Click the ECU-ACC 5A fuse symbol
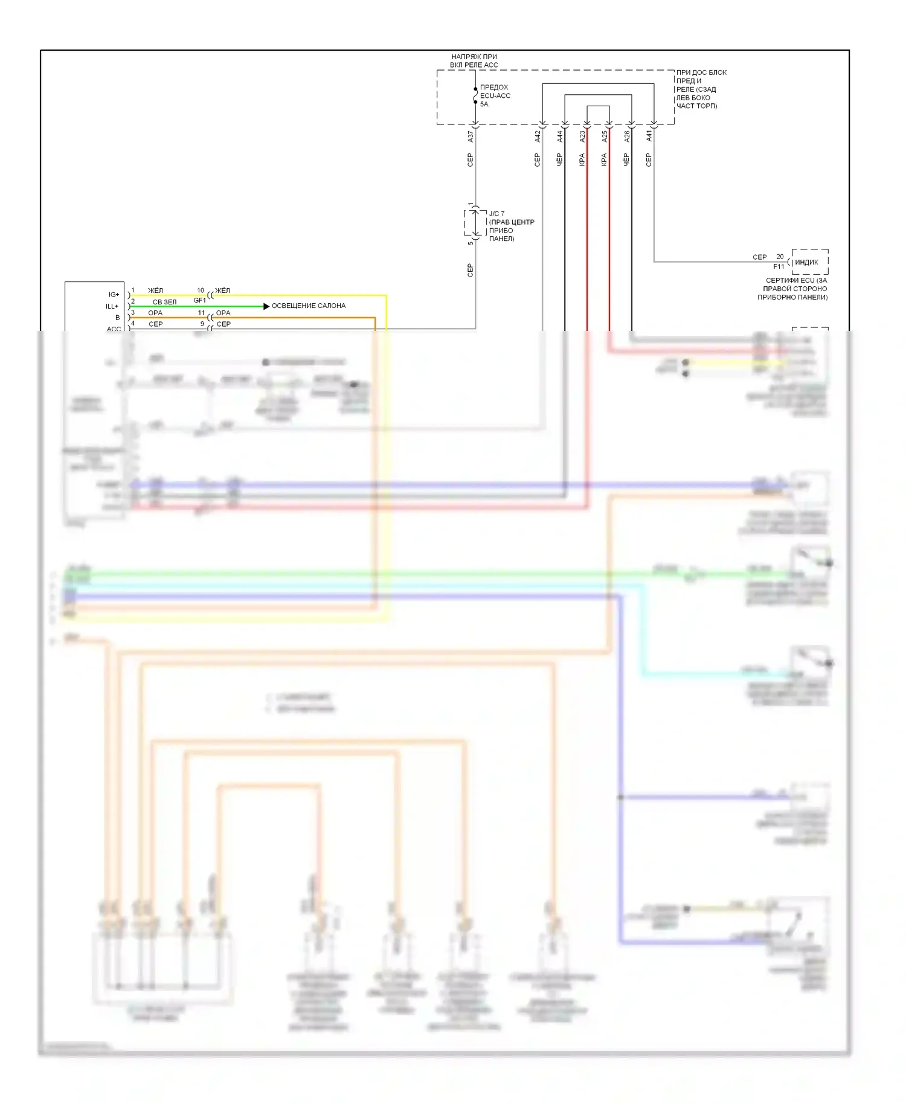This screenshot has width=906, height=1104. pyautogui.click(x=475, y=95)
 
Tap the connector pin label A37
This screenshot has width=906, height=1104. pyautogui.click(x=471, y=137)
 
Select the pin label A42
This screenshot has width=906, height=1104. pyautogui.click(x=538, y=137)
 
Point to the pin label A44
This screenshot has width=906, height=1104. pyautogui.click(x=560, y=137)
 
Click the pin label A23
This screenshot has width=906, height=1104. pyautogui.click(x=582, y=137)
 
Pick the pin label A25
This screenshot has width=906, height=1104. pyautogui.click(x=605, y=137)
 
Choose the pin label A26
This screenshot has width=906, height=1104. pyautogui.click(x=627, y=137)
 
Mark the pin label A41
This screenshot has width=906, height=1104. pyautogui.click(x=649, y=137)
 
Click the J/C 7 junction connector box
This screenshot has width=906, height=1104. pyautogui.click(x=475, y=223)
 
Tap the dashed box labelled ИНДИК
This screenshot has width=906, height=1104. pyautogui.click(x=809, y=262)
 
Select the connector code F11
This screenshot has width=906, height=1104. pyautogui.click(x=779, y=266)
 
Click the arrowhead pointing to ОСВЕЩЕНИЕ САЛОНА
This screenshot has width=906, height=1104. pyautogui.click(x=266, y=306)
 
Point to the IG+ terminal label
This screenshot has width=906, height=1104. pyautogui.click(x=114, y=295)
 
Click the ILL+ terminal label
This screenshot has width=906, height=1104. pyautogui.click(x=112, y=306)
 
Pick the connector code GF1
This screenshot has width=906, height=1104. pyautogui.click(x=199, y=300)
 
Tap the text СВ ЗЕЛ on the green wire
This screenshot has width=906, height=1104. pyautogui.click(x=164, y=302)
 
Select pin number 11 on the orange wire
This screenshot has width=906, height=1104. pyautogui.click(x=201, y=313)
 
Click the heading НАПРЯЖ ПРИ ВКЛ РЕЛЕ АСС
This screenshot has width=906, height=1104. pyautogui.click(x=474, y=61)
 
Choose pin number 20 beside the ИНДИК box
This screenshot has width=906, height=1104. pyautogui.click(x=780, y=257)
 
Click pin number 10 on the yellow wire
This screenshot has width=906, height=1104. pyautogui.click(x=201, y=290)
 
